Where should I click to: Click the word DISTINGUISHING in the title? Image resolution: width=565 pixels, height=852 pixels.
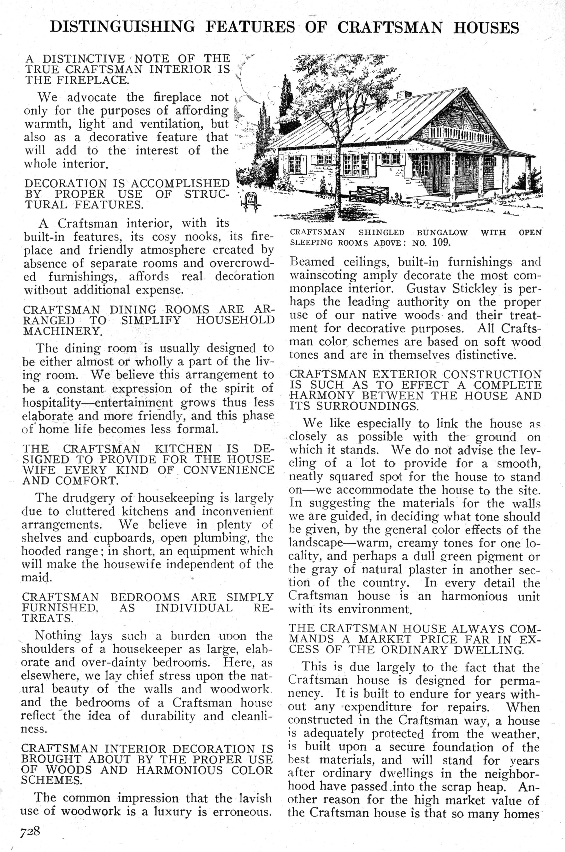tap(122, 27)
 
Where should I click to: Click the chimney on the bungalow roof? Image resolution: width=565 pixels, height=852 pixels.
tap(403, 94)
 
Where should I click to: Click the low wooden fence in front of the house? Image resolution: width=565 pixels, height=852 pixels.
tap(371, 195)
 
